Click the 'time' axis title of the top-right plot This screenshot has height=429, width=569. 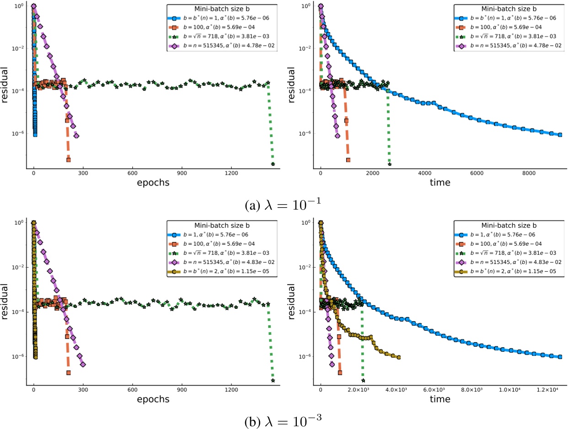click(x=440, y=183)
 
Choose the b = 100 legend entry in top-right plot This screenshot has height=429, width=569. click(x=499, y=27)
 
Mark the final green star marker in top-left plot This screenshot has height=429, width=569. click(x=273, y=164)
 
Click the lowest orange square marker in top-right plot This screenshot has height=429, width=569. click(x=348, y=160)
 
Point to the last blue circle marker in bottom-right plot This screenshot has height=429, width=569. click(x=560, y=357)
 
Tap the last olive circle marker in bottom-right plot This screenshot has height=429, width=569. click(x=399, y=357)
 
